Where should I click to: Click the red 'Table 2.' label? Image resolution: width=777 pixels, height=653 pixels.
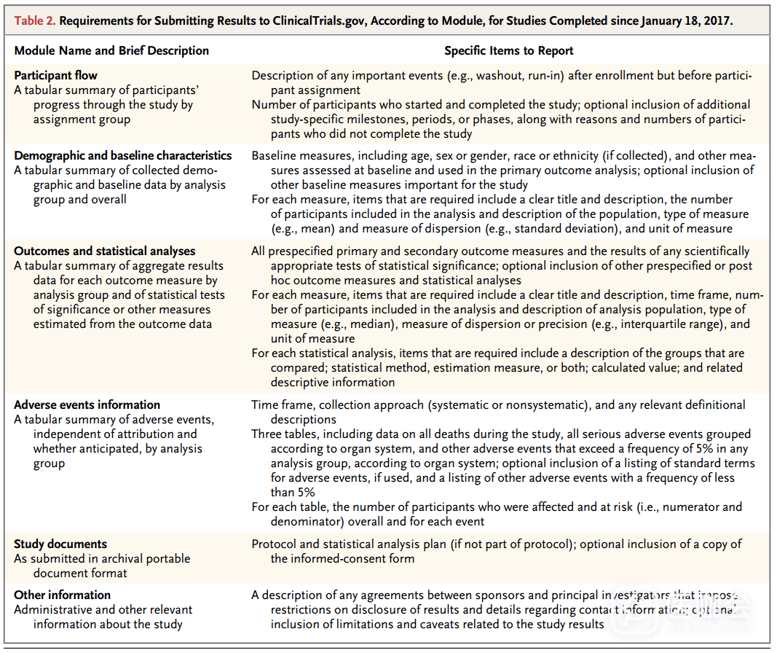(x=34, y=20)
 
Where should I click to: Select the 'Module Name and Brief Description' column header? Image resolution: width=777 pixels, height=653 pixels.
(x=111, y=51)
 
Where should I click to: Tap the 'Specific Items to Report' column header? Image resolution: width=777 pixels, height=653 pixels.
(x=508, y=51)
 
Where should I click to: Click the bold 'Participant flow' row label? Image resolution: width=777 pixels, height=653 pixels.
(x=55, y=76)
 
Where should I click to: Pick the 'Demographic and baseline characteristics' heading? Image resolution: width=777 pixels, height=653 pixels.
(x=122, y=156)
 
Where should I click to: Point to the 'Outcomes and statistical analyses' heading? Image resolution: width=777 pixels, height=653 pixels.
(x=105, y=251)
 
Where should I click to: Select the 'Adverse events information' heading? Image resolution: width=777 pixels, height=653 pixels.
(x=87, y=405)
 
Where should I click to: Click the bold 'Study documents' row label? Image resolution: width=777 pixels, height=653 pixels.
(x=60, y=544)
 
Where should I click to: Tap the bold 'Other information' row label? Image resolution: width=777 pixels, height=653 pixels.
(x=62, y=595)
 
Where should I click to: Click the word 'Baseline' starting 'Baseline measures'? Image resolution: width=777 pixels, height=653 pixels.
(x=274, y=156)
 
